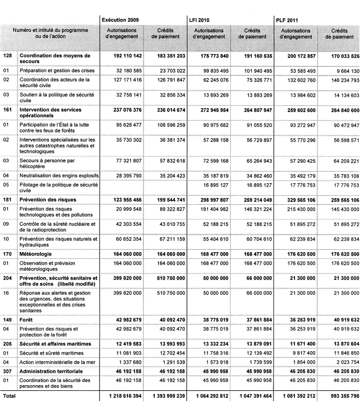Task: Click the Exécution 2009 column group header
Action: pos(121,19)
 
